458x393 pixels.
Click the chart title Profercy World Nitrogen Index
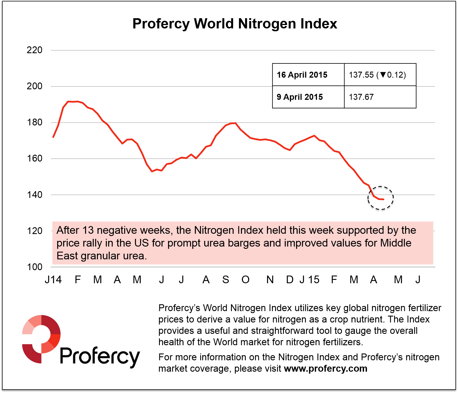pyautogui.click(x=235, y=24)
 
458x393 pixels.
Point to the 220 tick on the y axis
pyautogui.click(x=34, y=50)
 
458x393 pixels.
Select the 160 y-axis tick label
pyautogui.click(x=34, y=158)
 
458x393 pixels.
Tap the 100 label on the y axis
pyautogui.click(x=34, y=267)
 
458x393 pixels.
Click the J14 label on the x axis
pyautogui.click(x=53, y=280)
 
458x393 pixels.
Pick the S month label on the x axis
pyautogui.click(x=226, y=280)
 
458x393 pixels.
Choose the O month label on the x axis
pyautogui.click(x=245, y=280)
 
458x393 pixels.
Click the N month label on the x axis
pyautogui.click(x=270, y=280)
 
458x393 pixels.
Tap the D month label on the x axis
pyautogui.click(x=290, y=280)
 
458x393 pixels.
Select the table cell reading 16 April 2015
pyautogui.click(x=302, y=75)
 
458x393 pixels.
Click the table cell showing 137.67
pyautogui.click(x=361, y=97)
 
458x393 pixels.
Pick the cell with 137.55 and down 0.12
pyautogui.click(x=377, y=75)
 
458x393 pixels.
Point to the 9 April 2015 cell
pyautogui.click(x=300, y=97)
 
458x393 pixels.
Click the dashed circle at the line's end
pyautogui.click(x=381, y=198)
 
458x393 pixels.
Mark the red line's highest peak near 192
pyautogui.click(x=68, y=101)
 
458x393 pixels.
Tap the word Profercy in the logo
pyautogui.click(x=100, y=356)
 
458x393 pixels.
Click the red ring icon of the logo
pyautogui.click(x=41, y=338)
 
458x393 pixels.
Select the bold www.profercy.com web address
pyautogui.click(x=326, y=369)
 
